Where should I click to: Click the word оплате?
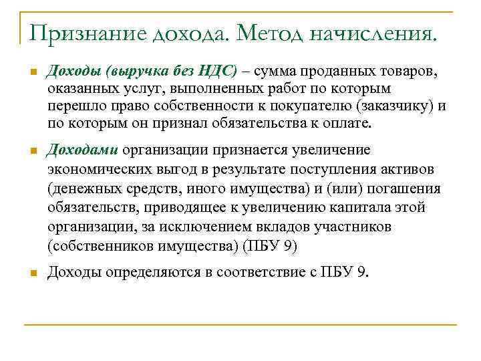[341, 124]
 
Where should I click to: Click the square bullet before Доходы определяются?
[31, 273]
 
